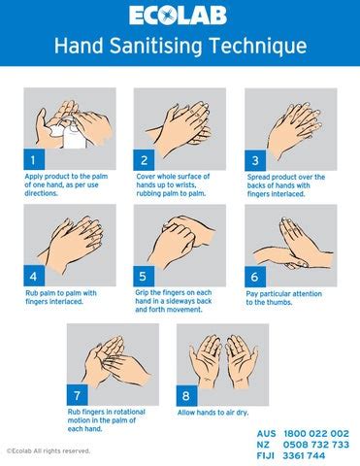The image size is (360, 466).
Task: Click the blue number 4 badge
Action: (33, 275)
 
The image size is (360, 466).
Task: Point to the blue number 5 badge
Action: (145, 275)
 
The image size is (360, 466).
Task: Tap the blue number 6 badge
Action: (254, 275)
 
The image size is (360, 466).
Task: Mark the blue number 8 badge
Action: (186, 395)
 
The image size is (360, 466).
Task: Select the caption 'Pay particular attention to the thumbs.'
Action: (281, 297)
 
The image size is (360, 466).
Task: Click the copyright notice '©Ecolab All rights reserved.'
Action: (49, 450)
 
